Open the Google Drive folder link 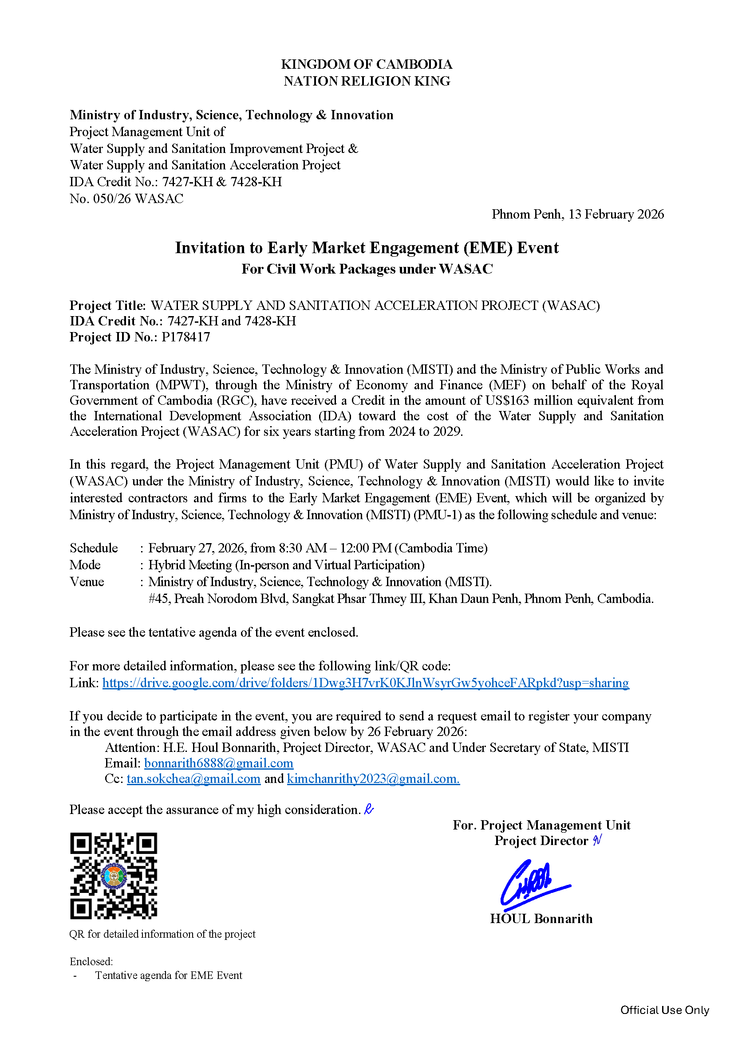[365, 683]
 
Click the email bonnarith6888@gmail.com [219, 763]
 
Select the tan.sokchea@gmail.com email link [193, 779]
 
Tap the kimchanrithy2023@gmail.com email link [373, 779]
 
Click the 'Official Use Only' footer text [664, 1010]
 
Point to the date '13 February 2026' [616, 214]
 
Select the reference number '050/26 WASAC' [138, 199]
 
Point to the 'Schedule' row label [94, 548]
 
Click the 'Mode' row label [85, 565]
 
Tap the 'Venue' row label [87, 582]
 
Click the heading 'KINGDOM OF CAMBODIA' [367, 64]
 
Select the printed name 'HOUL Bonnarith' [541, 919]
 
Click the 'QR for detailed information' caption [162, 934]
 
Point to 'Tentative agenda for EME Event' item [169, 975]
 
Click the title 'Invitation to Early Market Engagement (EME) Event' [367, 248]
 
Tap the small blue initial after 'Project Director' [597, 840]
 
